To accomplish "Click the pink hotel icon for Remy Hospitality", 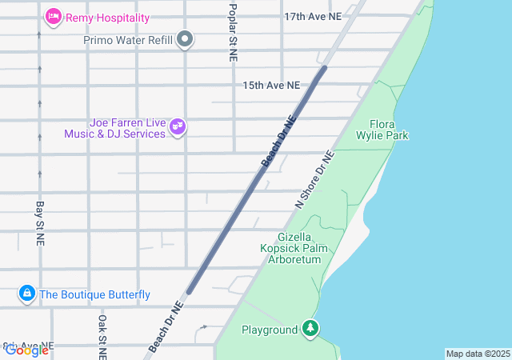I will (x=54, y=16).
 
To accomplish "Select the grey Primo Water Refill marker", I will (x=186, y=39).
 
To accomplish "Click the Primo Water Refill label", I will (x=128, y=39).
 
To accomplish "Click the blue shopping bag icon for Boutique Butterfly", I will (x=27, y=294).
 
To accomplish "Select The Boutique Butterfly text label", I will (x=94, y=294).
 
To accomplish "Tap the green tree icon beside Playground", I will (x=310, y=329).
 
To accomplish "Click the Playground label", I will (x=270, y=329).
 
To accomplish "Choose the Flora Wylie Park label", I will (x=389, y=130).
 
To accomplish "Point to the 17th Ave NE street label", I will (x=313, y=16).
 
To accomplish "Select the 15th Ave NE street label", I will (x=271, y=85).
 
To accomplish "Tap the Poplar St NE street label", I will (x=233, y=32).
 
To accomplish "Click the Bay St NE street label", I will (x=39, y=222).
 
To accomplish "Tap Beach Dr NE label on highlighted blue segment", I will (x=278, y=142).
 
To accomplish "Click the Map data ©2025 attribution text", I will (x=477, y=354).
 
